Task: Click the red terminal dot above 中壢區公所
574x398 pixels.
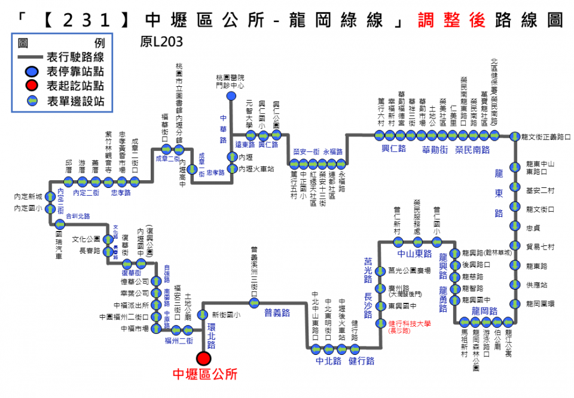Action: coord(204,358)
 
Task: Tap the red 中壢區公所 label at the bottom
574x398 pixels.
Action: coord(204,375)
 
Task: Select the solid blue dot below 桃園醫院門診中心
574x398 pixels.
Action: coord(231,96)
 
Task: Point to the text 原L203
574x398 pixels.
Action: coord(161,43)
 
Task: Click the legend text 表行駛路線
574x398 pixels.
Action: coord(75,57)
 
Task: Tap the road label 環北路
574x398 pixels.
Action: coord(211,335)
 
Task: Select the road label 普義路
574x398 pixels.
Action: coord(277,312)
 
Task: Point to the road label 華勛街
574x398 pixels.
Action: coord(435,149)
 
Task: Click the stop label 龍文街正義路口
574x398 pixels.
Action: coord(546,136)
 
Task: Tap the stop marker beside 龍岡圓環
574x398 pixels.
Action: coord(514,303)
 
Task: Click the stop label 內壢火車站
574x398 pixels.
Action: coord(257,169)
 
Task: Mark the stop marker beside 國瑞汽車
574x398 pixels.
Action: coord(59,225)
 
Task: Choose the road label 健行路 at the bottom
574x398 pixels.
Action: coord(362,361)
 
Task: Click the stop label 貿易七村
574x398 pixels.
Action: coord(541,247)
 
